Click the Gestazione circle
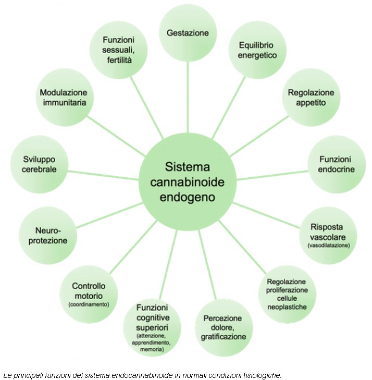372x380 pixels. (x=188, y=33)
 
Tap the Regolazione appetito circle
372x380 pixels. (x=311, y=97)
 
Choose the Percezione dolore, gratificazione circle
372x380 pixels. (x=225, y=327)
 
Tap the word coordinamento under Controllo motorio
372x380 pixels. (x=89, y=304)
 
